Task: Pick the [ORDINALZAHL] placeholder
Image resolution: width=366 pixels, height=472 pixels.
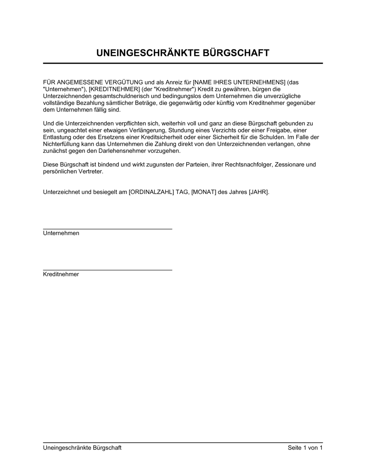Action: [151, 192]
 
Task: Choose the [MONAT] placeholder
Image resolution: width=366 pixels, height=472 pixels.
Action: [203, 192]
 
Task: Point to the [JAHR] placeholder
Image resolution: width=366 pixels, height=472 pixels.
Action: [259, 192]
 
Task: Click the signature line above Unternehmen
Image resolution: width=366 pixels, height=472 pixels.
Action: [108, 229]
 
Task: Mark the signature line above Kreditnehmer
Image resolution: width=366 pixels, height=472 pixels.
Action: [108, 270]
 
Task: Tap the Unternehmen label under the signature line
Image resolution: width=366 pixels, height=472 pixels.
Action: [61, 233]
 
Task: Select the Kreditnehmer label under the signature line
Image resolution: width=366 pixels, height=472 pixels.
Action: [61, 274]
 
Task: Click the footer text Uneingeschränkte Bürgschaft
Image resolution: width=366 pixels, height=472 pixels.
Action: [82, 448]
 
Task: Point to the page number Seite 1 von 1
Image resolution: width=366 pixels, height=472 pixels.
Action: [305, 448]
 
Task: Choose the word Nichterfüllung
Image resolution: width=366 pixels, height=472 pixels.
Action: [61, 144]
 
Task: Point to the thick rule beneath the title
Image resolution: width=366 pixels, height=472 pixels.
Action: [183, 63]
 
